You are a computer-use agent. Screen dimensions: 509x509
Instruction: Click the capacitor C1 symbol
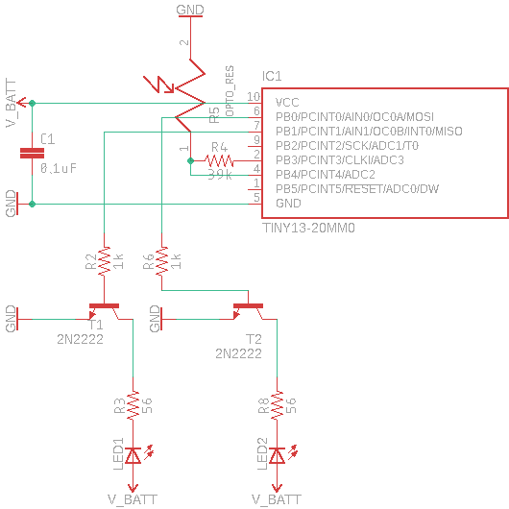32,154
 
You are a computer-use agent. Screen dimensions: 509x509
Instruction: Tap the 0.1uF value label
59,168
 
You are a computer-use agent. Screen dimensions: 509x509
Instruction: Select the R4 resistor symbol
219,160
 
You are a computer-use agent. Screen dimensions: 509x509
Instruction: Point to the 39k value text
219,175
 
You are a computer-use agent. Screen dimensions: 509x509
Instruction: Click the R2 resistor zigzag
105,261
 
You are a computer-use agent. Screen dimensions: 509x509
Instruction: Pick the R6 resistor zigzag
162,261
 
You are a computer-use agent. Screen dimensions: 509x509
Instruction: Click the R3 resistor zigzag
133,405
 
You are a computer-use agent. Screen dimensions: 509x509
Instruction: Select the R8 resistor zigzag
277,405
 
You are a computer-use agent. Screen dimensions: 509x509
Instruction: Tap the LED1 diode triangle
133,455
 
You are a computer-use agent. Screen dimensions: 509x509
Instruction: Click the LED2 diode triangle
277,455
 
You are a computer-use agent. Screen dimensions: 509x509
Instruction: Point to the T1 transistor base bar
105,305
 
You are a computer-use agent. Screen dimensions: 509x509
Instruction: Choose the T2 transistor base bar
249,305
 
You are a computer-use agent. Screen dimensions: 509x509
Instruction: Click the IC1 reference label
272,76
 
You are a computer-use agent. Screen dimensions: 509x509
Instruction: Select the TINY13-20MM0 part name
308,228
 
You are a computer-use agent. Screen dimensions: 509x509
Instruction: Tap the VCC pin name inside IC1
287,103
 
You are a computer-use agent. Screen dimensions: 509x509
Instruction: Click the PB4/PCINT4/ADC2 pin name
326,175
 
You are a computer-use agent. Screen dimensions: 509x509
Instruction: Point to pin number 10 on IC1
254,97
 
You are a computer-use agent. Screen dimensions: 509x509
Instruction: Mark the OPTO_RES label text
230,91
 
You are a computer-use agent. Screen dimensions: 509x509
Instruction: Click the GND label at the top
190,10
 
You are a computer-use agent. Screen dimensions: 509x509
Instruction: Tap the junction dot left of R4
190,160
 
